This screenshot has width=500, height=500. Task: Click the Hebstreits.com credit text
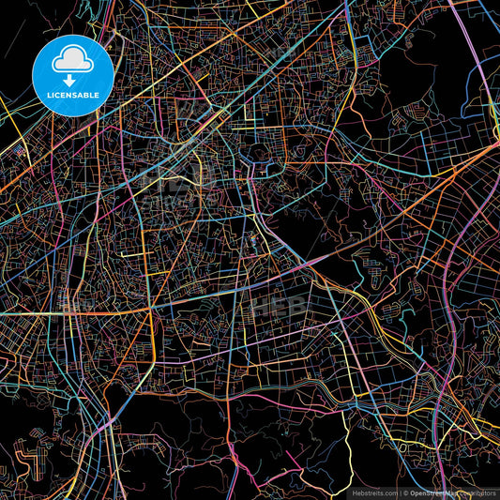[x=373, y=492]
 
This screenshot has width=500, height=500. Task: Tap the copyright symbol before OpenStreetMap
[x=406, y=492]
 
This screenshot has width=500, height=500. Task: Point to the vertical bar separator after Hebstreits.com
[x=400, y=492]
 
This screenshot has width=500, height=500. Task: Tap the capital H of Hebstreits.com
[x=353, y=492]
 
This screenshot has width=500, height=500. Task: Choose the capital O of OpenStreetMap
[x=413, y=492]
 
